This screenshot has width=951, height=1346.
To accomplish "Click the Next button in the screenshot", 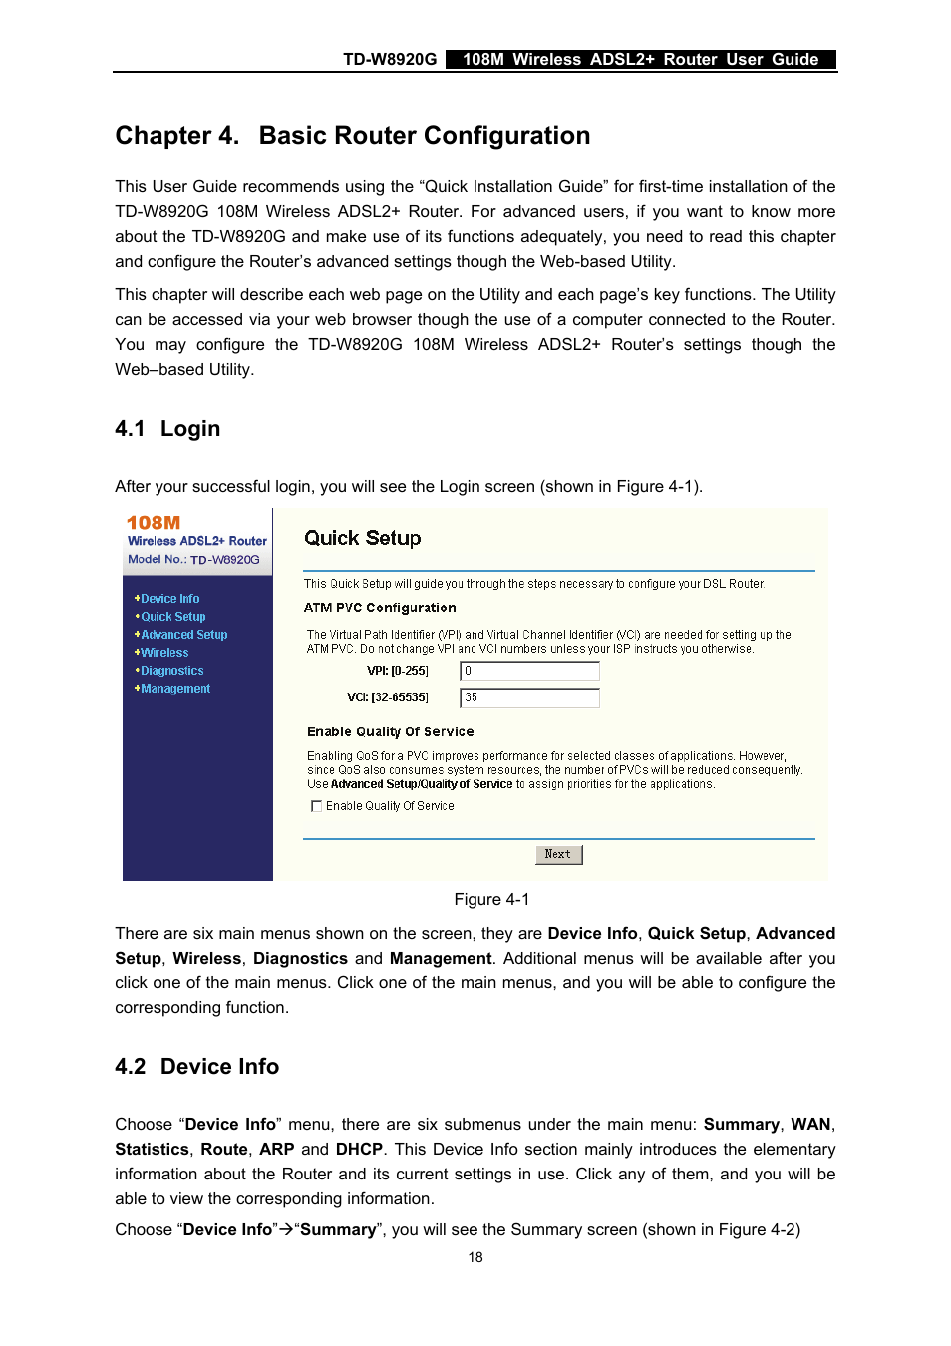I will (x=558, y=855).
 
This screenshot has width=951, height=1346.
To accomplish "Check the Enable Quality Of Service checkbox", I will (x=317, y=806).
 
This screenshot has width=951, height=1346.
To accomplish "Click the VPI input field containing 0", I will (x=529, y=671).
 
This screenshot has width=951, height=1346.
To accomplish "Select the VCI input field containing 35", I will (x=529, y=698).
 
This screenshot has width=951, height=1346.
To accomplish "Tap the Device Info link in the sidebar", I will (x=169, y=599).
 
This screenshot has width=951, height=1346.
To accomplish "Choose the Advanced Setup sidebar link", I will (x=183, y=635).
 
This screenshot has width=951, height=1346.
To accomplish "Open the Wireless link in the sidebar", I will (x=164, y=653).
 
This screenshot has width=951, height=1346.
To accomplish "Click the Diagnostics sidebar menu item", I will (x=171, y=671).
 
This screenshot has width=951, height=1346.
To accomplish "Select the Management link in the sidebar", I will (x=175, y=689).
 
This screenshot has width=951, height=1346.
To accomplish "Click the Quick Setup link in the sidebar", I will (x=172, y=617).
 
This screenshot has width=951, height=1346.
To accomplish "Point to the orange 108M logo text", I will (x=154, y=523).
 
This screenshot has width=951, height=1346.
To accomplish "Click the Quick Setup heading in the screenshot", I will (x=362, y=538).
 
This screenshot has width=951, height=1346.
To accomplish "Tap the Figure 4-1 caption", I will (x=491, y=899).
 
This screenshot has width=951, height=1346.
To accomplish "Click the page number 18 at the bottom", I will (x=475, y=1257).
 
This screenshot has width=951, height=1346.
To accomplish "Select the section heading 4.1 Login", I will (x=167, y=429).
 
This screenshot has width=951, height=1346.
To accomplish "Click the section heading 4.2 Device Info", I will (x=196, y=1067).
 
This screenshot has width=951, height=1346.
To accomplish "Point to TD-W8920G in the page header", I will (x=390, y=59).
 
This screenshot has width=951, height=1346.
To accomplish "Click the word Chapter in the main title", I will (x=162, y=136).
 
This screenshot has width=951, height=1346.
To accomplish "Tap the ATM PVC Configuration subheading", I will (x=380, y=608).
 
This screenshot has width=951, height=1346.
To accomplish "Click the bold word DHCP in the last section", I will (x=359, y=1149).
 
